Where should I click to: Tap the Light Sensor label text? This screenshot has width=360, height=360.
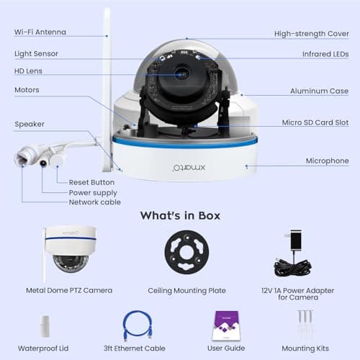point(36,54)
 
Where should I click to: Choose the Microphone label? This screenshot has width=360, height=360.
point(328,161)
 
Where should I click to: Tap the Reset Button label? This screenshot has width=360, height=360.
point(91,183)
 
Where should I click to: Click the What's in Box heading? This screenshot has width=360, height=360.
point(180,215)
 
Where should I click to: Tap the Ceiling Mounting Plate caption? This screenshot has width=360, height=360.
point(186,290)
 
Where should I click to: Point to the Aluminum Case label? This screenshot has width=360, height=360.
point(320,91)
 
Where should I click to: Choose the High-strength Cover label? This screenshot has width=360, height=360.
point(311,34)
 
